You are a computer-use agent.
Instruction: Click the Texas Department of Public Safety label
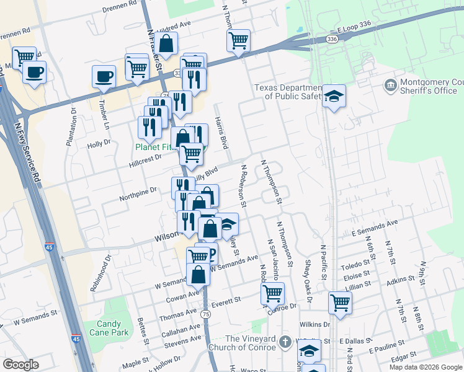(289, 92)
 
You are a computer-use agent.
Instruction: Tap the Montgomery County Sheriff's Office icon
(391, 85)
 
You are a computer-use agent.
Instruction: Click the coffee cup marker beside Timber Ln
(104, 77)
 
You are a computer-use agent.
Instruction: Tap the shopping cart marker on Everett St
(272, 294)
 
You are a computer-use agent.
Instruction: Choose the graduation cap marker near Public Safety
(334, 96)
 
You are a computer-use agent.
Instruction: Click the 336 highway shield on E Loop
(332, 39)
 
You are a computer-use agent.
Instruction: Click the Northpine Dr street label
(140, 195)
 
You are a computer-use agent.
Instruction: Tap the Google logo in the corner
(21, 364)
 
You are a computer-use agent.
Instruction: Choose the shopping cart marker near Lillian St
(340, 303)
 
